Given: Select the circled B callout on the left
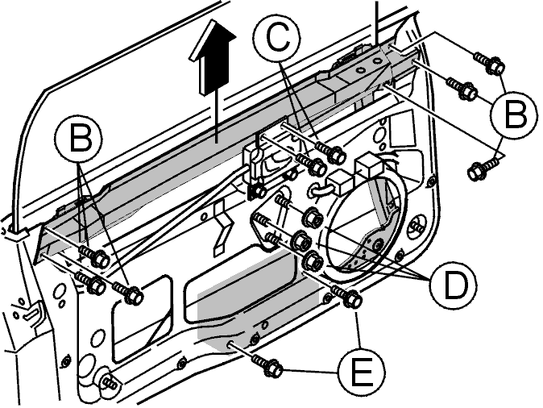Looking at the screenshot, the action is tap(79, 139).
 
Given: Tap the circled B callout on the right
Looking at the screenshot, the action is tap(513, 114).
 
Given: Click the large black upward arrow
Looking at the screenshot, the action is tap(213, 57).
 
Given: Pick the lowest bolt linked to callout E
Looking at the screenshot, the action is tap(267, 366).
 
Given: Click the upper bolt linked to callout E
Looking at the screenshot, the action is tap(347, 296).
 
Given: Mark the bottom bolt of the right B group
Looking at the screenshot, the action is tap(483, 169).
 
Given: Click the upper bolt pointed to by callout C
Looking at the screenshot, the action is tap(330, 152).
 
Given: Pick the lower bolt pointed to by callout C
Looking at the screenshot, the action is tap(311, 164).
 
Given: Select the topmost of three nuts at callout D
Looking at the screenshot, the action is tap(313, 218).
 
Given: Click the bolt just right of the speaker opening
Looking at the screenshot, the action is tap(417, 227).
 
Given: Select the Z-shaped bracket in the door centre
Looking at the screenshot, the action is tap(221, 229).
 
